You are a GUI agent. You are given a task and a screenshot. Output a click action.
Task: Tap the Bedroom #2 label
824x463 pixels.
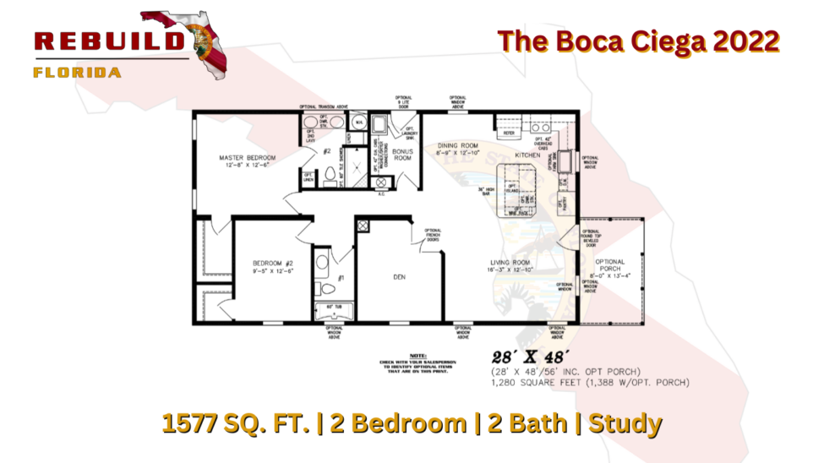(273, 264)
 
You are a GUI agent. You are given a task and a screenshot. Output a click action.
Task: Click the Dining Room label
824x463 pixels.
(458, 145)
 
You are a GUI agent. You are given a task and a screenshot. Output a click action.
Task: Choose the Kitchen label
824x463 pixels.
(527, 155)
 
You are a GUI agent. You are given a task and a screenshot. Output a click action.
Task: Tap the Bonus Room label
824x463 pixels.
(401, 155)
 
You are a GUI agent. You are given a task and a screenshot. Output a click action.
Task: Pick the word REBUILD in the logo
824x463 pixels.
(110, 41)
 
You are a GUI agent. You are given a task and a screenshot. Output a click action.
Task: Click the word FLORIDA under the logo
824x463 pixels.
(77, 73)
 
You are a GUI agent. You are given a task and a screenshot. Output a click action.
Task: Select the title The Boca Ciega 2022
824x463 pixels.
(637, 41)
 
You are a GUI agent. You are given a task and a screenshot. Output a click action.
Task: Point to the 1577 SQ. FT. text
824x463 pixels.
(225, 424)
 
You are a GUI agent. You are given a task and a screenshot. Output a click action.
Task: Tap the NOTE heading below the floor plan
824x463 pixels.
(417, 356)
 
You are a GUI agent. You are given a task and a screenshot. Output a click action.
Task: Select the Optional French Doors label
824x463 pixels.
(433, 234)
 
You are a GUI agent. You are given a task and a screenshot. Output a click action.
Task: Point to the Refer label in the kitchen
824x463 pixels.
(509, 133)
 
